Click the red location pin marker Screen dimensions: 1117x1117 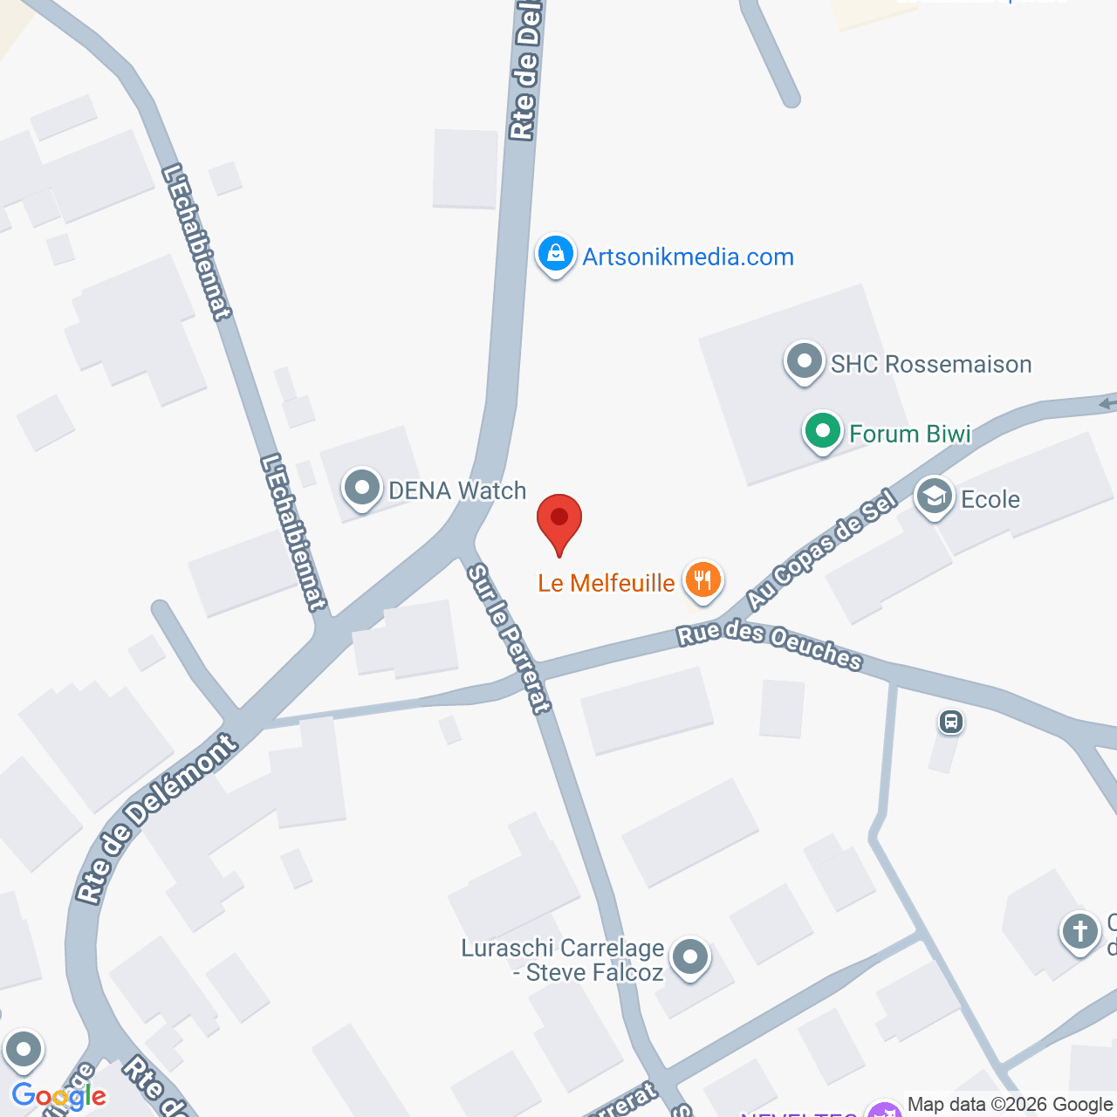(558, 520)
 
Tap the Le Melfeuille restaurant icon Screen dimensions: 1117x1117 (702, 579)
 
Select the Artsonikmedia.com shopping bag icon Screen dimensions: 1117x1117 (555, 255)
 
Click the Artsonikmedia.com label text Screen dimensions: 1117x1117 (688, 257)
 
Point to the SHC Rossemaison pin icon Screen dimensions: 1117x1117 (804, 361)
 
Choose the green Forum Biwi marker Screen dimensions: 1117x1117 (822, 431)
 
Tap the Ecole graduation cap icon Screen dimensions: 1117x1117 (934, 497)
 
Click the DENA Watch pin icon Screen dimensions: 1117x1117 (361, 489)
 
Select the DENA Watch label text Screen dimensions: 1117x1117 (457, 490)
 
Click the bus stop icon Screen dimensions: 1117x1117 (950, 722)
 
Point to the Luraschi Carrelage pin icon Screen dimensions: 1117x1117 (690, 957)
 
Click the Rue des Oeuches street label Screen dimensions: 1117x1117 (770, 645)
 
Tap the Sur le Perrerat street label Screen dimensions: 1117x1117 (509, 639)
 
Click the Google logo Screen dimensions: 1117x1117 (59, 1096)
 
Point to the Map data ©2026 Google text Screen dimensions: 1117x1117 (1010, 1105)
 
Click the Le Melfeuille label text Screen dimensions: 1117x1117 (606, 583)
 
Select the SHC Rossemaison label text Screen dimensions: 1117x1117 (931, 364)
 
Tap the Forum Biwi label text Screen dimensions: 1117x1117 (910, 434)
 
